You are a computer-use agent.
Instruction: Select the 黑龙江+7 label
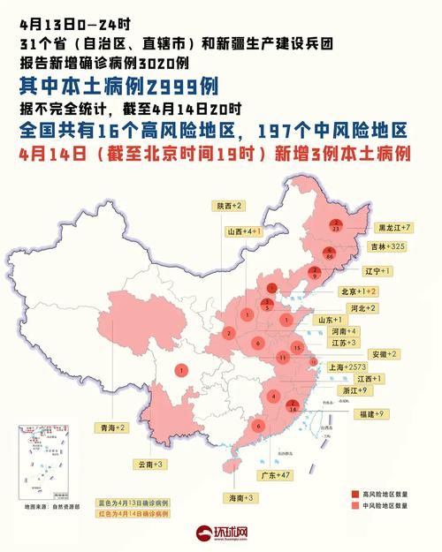(393, 227)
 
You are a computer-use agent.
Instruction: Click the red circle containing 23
(336, 225)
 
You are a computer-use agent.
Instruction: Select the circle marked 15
(298, 349)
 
